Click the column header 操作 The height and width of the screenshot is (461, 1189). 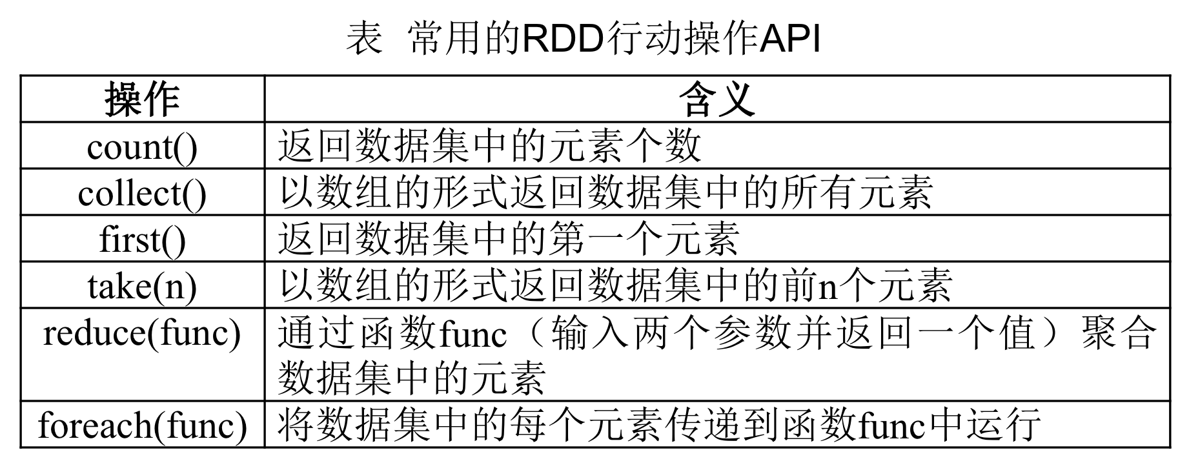142,99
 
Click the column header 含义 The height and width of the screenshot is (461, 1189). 716,99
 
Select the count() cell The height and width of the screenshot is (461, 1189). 142,147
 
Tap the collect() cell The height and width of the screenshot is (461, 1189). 142,193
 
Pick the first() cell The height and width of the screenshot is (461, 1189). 142,240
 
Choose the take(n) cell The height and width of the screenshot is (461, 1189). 142,286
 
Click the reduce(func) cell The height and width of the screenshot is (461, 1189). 142,333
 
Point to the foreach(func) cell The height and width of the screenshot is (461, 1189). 142,425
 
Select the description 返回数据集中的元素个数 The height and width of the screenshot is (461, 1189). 489,147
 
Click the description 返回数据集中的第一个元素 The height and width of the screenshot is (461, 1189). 509,240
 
